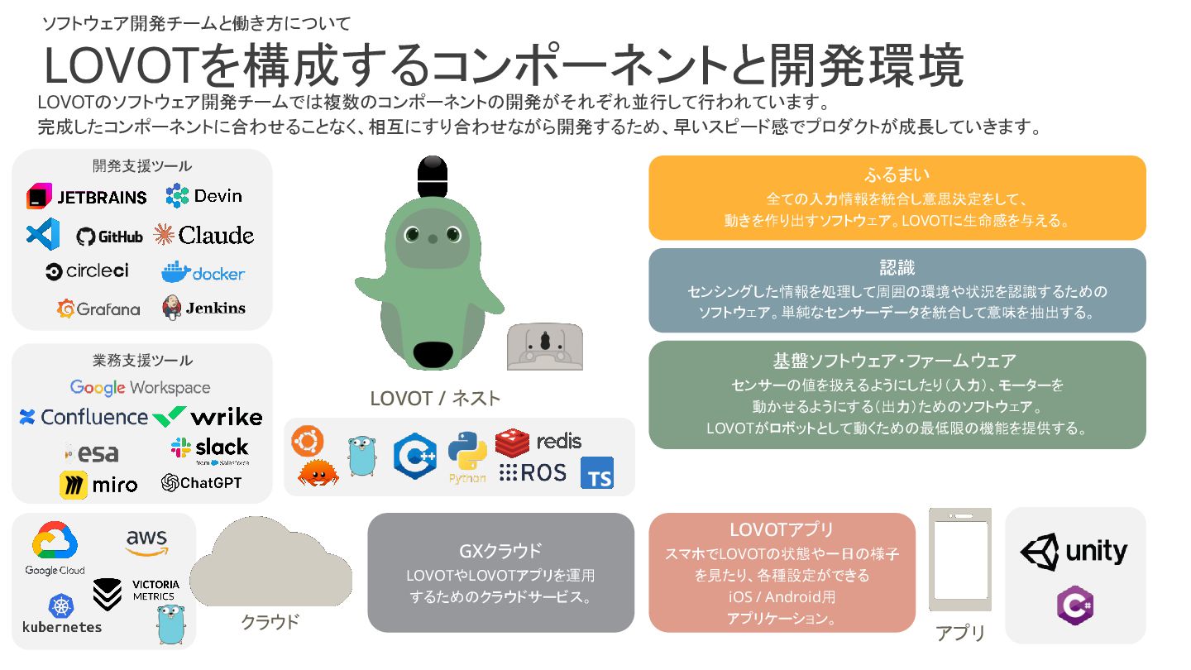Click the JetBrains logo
pos(87,197)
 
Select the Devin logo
pos(203,196)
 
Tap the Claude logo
pos(203,235)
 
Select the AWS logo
pos(146,543)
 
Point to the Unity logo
pos(1074,552)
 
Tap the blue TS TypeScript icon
pos(597,473)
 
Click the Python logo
pos(467,453)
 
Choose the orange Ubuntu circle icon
pos(308,441)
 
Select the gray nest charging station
pos(545,347)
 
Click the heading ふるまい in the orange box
pos(897,175)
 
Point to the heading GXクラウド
pos(500,551)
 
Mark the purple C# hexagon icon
pos(1075,605)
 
